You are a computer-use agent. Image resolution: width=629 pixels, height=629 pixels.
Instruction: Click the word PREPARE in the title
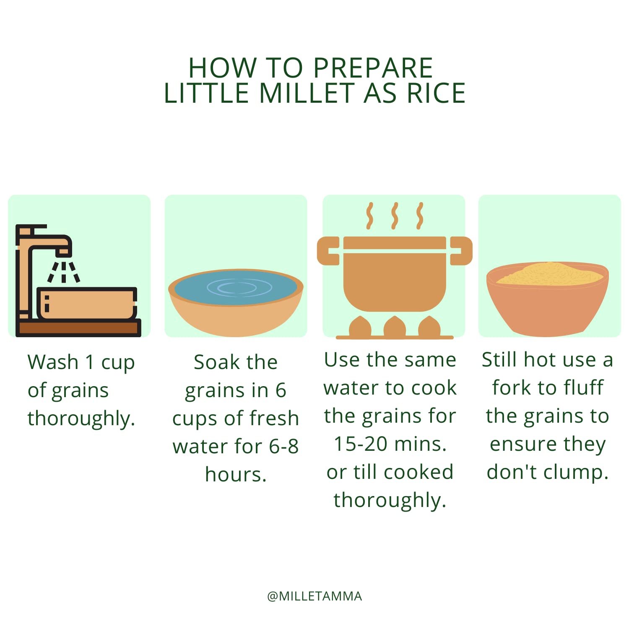[x=373, y=68]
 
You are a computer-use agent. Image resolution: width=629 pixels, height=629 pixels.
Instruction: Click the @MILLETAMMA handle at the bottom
[x=314, y=596]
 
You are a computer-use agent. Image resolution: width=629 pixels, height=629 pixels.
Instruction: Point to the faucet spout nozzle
[x=63, y=252]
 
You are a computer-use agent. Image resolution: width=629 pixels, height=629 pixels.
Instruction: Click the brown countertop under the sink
[x=78, y=327]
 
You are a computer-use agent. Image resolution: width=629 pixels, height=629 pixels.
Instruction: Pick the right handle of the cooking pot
[x=461, y=251]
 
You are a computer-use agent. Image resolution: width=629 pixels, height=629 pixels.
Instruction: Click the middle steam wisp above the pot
[x=394, y=216]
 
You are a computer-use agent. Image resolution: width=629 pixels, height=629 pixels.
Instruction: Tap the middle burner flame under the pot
[x=395, y=326]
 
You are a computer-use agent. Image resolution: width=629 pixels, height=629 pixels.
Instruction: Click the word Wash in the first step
[x=53, y=362]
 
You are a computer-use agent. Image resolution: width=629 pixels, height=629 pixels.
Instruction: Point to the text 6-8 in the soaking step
[x=283, y=446]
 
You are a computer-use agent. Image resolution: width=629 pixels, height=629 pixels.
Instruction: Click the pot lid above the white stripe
[x=395, y=242]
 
